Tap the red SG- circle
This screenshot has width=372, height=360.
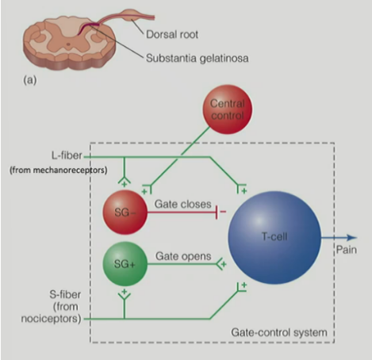pos(125,210)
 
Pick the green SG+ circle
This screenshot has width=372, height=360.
pos(125,262)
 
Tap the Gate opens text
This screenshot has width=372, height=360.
pos(181,257)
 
